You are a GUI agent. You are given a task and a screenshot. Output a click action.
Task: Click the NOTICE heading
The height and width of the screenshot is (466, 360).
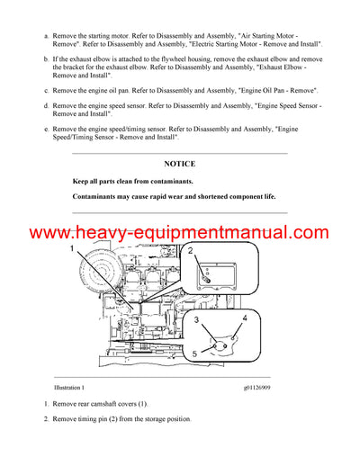[180, 165]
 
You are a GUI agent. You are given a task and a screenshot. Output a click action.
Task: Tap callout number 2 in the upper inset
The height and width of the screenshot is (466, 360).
[189, 251]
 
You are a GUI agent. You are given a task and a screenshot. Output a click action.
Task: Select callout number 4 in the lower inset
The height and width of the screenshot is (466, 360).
[244, 318]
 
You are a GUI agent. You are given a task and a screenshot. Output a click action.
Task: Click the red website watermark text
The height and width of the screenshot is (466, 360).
[180, 233]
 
